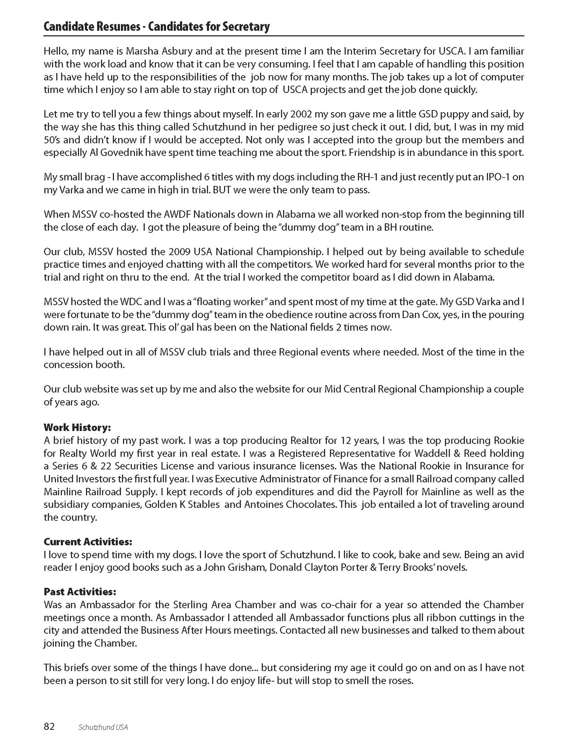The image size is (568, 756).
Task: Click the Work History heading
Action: (x=77, y=427)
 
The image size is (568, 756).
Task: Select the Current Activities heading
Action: (x=88, y=542)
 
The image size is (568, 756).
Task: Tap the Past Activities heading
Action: (x=80, y=592)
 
